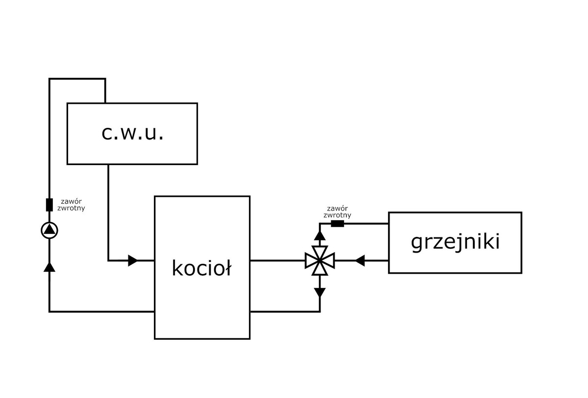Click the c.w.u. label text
tap(132, 133)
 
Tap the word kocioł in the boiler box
tap(201, 268)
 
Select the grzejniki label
tap(455, 242)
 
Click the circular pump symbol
tap(49, 230)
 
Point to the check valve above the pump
tap(49, 205)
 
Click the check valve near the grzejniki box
tap(338, 224)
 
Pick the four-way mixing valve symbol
tap(319, 261)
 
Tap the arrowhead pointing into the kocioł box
tap(133, 261)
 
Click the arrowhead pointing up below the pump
tap(49, 266)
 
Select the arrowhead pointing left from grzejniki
tap(360, 261)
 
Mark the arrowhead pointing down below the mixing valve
tap(319, 293)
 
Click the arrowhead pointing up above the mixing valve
tap(319, 235)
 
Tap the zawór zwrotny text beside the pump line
tap(71, 205)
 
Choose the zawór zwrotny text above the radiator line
tap(337, 211)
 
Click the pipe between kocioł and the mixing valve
tap(277, 261)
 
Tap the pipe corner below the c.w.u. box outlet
tap(108, 261)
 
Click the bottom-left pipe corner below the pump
tap(49, 311)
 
